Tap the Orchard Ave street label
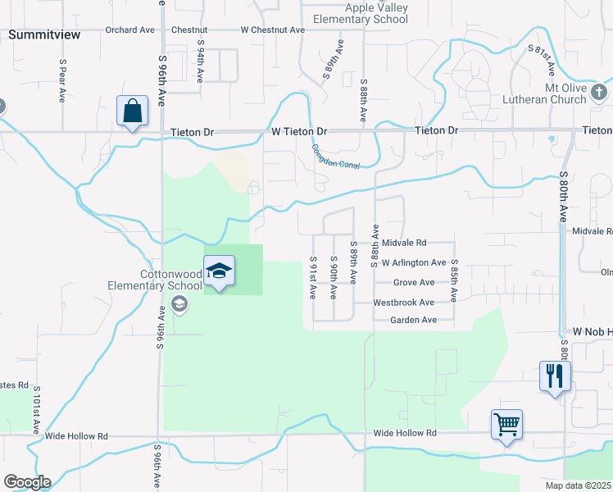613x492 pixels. (x=129, y=30)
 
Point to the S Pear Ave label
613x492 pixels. (x=62, y=80)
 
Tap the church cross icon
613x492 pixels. (x=599, y=91)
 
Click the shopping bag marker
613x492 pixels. (x=132, y=111)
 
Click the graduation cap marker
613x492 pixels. (x=219, y=271)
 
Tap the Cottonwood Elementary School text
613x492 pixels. (x=155, y=280)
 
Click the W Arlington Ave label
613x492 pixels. (x=414, y=263)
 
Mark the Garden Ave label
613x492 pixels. (x=413, y=320)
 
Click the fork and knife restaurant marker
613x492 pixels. (x=555, y=376)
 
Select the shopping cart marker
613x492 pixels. (x=506, y=425)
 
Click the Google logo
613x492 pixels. (x=27, y=482)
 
